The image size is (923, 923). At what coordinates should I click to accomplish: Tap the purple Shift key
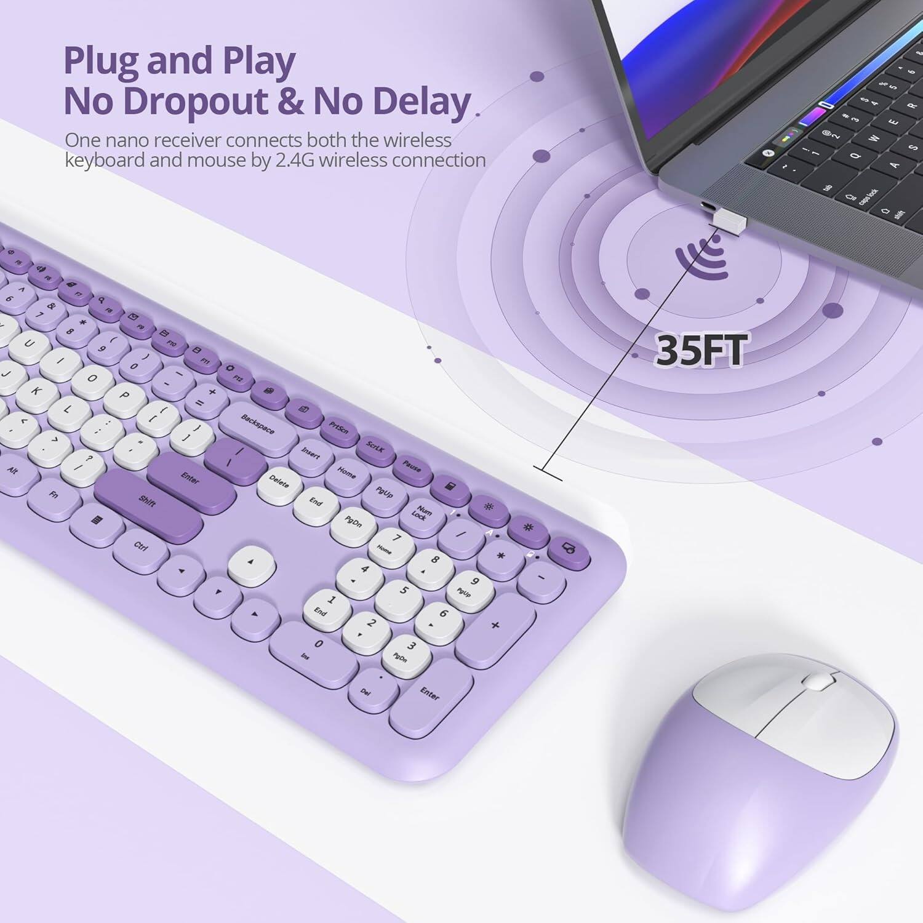tap(148, 502)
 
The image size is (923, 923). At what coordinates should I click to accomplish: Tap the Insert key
tap(311, 454)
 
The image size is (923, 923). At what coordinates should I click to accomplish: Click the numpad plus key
tap(495, 627)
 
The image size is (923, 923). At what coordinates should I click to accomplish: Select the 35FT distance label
tap(701, 351)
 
